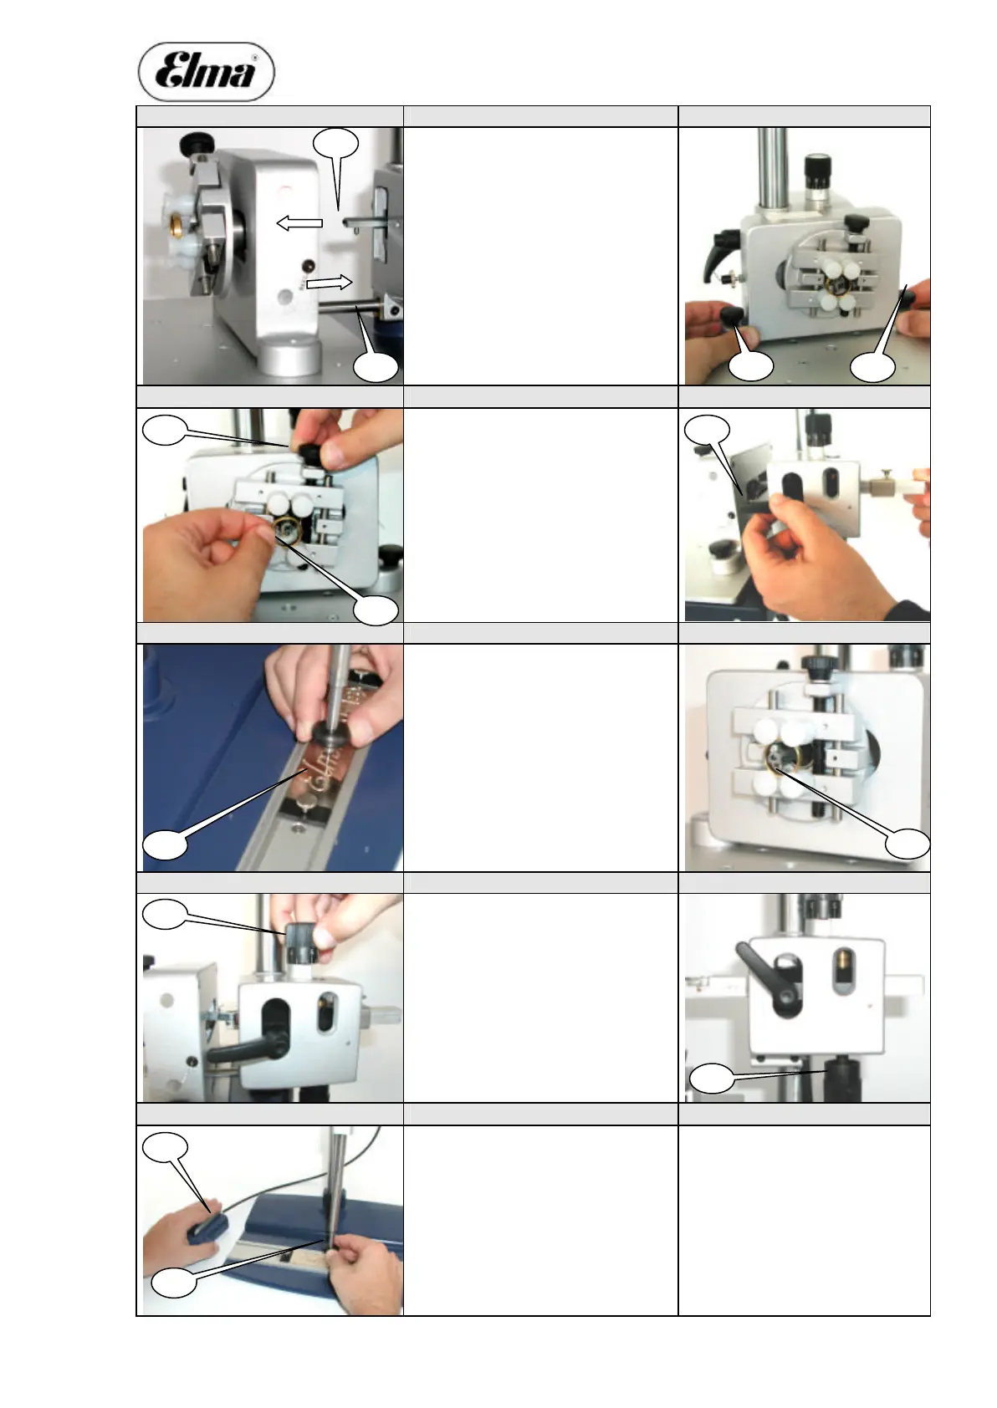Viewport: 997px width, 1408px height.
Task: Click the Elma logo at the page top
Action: pyautogui.click(x=207, y=72)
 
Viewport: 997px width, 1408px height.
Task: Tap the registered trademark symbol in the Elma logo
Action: pyautogui.click(x=254, y=57)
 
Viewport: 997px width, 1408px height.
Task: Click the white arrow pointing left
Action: pyautogui.click(x=299, y=222)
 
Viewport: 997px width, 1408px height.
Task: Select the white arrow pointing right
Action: pyautogui.click(x=329, y=283)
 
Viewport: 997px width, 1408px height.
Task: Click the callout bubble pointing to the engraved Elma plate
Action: pyautogui.click(x=166, y=844)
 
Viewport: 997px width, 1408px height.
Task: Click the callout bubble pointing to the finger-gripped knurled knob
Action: pyautogui.click(x=166, y=914)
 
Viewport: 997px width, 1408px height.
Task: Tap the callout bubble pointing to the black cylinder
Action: pyautogui.click(x=713, y=1079)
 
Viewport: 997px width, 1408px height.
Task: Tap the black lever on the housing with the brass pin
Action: pyautogui.click(x=770, y=981)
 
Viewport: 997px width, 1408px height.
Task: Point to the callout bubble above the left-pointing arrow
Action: pyautogui.click(x=335, y=144)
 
